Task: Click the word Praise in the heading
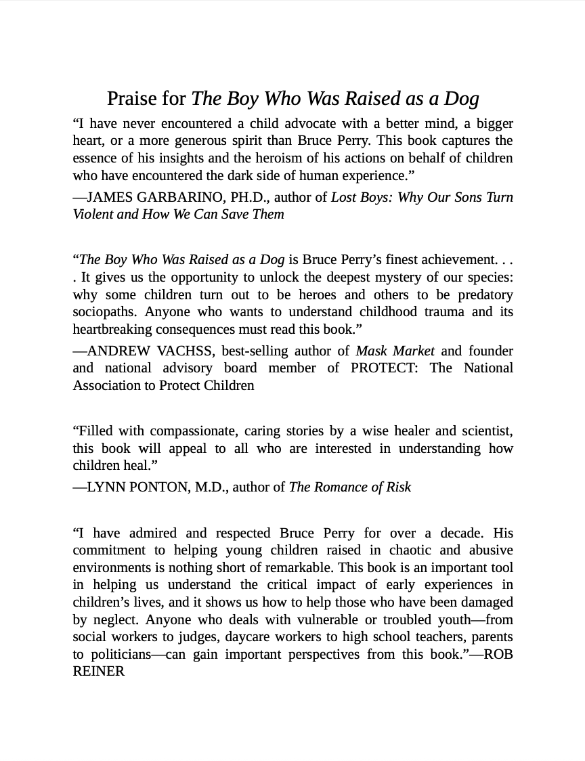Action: click(x=133, y=99)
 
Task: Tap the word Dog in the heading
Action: click(x=461, y=99)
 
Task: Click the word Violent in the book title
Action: click(x=93, y=214)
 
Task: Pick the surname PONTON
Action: click(x=160, y=487)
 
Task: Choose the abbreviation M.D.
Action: click(x=210, y=487)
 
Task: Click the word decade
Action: click(x=462, y=533)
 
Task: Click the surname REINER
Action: click(x=99, y=672)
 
